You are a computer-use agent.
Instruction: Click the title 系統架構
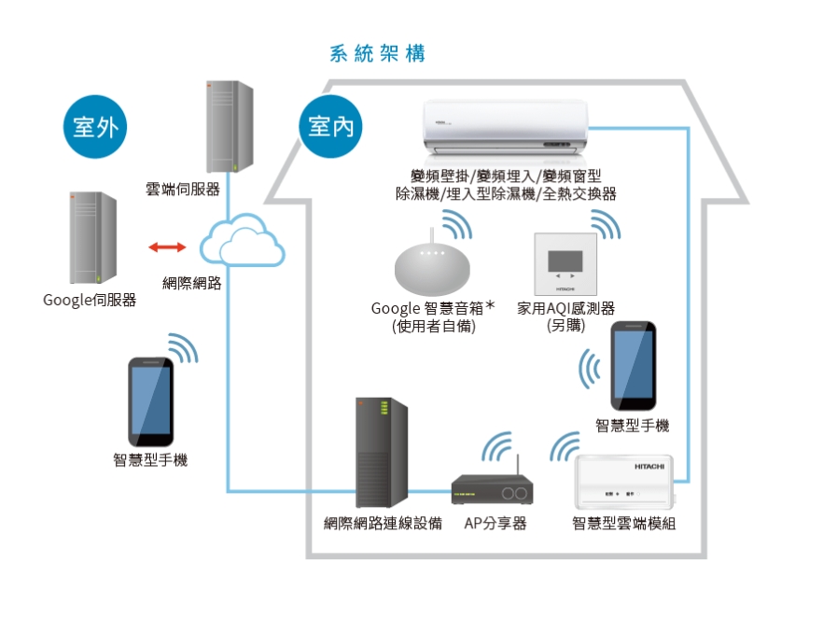click(x=378, y=53)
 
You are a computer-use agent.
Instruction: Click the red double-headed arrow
click(x=167, y=247)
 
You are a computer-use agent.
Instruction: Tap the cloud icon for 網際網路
click(x=241, y=240)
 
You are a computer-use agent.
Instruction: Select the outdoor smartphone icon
click(x=150, y=401)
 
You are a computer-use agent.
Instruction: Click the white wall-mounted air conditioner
click(x=509, y=127)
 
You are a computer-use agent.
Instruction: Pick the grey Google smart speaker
click(x=432, y=270)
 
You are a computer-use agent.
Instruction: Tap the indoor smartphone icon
click(x=634, y=366)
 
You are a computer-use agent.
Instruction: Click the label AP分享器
click(x=495, y=524)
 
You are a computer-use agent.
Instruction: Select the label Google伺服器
click(x=90, y=301)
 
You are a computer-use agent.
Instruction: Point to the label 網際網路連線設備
click(x=383, y=524)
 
